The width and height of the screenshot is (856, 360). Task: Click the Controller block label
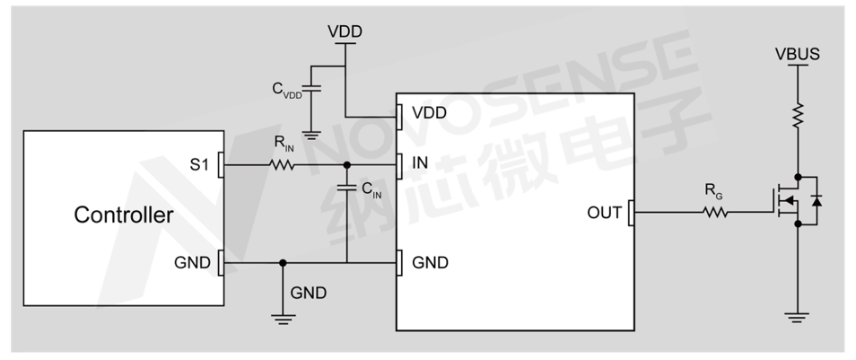pyautogui.click(x=124, y=215)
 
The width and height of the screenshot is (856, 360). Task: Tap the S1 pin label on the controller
pyautogui.click(x=199, y=165)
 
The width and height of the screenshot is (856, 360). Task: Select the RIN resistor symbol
pyautogui.click(x=282, y=165)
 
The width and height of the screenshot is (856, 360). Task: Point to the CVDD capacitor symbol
pyautogui.click(x=311, y=90)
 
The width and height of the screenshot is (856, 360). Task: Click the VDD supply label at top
pyautogui.click(x=345, y=31)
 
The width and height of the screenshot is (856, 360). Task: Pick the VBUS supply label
pyautogui.click(x=797, y=55)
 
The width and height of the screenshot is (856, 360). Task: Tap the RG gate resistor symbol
pyautogui.click(x=715, y=213)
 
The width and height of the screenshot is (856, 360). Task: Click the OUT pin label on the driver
pyautogui.click(x=605, y=214)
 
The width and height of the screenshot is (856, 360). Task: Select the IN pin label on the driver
pyautogui.click(x=420, y=165)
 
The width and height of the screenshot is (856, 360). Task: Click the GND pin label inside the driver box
pyautogui.click(x=430, y=263)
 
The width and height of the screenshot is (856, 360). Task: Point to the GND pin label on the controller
pyautogui.click(x=195, y=263)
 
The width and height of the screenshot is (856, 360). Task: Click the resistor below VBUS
pyautogui.click(x=797, y=115)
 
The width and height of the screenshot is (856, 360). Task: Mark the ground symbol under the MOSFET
pyautogui.click(x=797, y=316)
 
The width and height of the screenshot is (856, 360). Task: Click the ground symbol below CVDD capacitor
pyautogui.click(x=311, y=135)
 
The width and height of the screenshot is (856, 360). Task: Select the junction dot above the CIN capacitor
pyautogui.click(x=347, y=165)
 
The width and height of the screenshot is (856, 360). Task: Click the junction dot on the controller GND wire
pyautogui.click(x=283, y=263)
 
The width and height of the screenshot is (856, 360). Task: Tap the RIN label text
pyautogui.click(x=282, y=145)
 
